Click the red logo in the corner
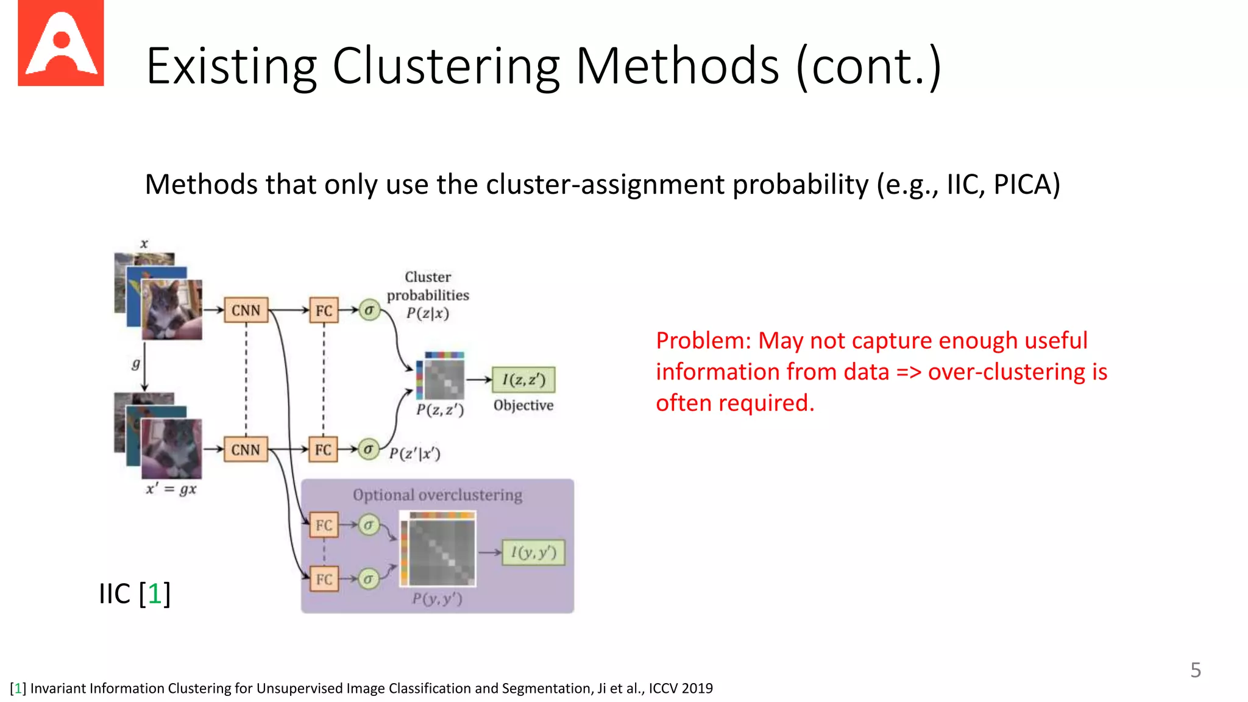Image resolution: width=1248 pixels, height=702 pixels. point(60,43)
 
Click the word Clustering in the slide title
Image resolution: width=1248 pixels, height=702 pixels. point(445,66)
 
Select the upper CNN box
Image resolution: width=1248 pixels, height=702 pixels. point(246,311)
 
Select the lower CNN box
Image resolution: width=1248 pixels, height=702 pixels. point(246,450)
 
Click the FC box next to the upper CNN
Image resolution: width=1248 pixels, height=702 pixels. point(324,311)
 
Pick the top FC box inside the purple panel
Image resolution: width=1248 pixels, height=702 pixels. point(324,525)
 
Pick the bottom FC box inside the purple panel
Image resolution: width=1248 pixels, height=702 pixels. point(324,579)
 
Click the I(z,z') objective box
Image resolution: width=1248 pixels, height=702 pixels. point(523,380)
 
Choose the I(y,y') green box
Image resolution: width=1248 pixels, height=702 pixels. point(533,553)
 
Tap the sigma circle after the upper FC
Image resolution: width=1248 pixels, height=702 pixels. point(369,310)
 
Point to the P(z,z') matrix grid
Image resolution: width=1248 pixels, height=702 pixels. point(444,379)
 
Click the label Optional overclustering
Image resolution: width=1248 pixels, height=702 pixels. point(437,495)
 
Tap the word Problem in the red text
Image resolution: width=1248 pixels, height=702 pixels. point(703,341)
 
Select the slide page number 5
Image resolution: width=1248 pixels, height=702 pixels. point(1195,670)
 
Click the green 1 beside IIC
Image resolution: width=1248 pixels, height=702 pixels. point(154,594)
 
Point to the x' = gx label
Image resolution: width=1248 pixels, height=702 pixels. point(171,489)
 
